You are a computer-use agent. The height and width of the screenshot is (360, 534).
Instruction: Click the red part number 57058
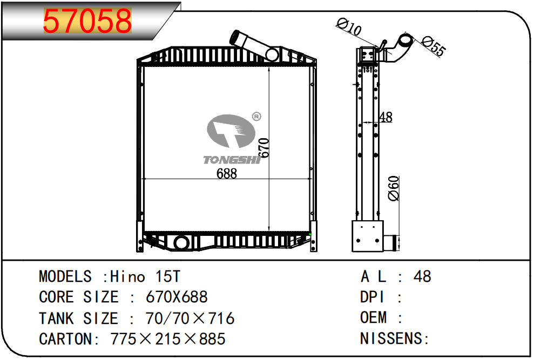87,21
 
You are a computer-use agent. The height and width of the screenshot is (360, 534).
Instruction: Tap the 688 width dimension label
226,174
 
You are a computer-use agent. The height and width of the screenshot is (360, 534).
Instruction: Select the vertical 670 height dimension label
264,148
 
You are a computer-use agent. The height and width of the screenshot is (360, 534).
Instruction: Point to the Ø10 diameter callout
349,27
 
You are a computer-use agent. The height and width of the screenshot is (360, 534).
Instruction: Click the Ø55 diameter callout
434,46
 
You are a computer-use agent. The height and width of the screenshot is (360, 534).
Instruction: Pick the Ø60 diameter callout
394,188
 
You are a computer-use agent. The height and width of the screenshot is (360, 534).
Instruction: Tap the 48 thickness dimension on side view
386,117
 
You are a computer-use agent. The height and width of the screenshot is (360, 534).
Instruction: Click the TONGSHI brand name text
232,160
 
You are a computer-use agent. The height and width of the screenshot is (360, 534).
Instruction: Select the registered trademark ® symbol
256,117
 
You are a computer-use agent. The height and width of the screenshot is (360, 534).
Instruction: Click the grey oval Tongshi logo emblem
231,131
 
